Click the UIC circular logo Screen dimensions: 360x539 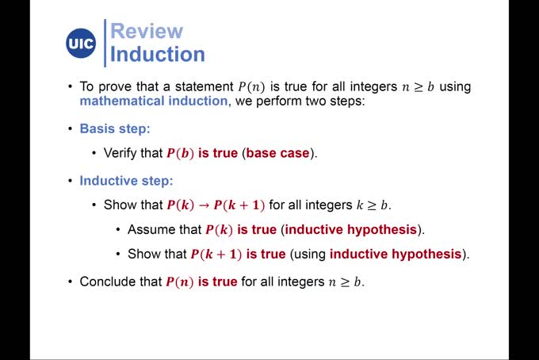[x=81, y=43]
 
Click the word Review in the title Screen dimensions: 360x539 [x=147, y=32]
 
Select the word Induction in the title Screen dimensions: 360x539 [x=158, y=55]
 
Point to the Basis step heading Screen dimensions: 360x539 [x=115, y=128]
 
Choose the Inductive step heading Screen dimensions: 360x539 [x=126, y=180]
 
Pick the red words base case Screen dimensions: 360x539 [x=277, y=153]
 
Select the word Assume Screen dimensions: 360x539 [x=152, y=230]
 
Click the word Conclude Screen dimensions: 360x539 [x=108, y=281]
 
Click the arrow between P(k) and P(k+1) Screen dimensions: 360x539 [x=204, y=205]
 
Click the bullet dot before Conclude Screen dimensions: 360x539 [x=70, y=281]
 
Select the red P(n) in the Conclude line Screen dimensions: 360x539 [x=179, y=281]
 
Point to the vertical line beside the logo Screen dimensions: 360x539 [x=105, y=43]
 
